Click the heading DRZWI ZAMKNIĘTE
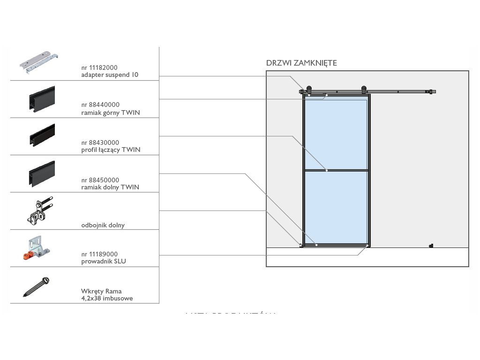(301, 63)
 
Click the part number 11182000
(99, 67)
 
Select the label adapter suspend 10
(110, 75)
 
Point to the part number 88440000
(100, 105)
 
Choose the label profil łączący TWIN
(111, 150)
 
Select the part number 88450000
(100, 180)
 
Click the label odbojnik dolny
(103, 225)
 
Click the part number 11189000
(99, 254)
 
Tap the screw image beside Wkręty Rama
(37, 287)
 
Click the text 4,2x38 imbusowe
(107, 298)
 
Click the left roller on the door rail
(309, 90)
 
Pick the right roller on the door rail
(363, 90)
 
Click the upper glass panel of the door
(335, 134)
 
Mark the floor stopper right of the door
(431, 245)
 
